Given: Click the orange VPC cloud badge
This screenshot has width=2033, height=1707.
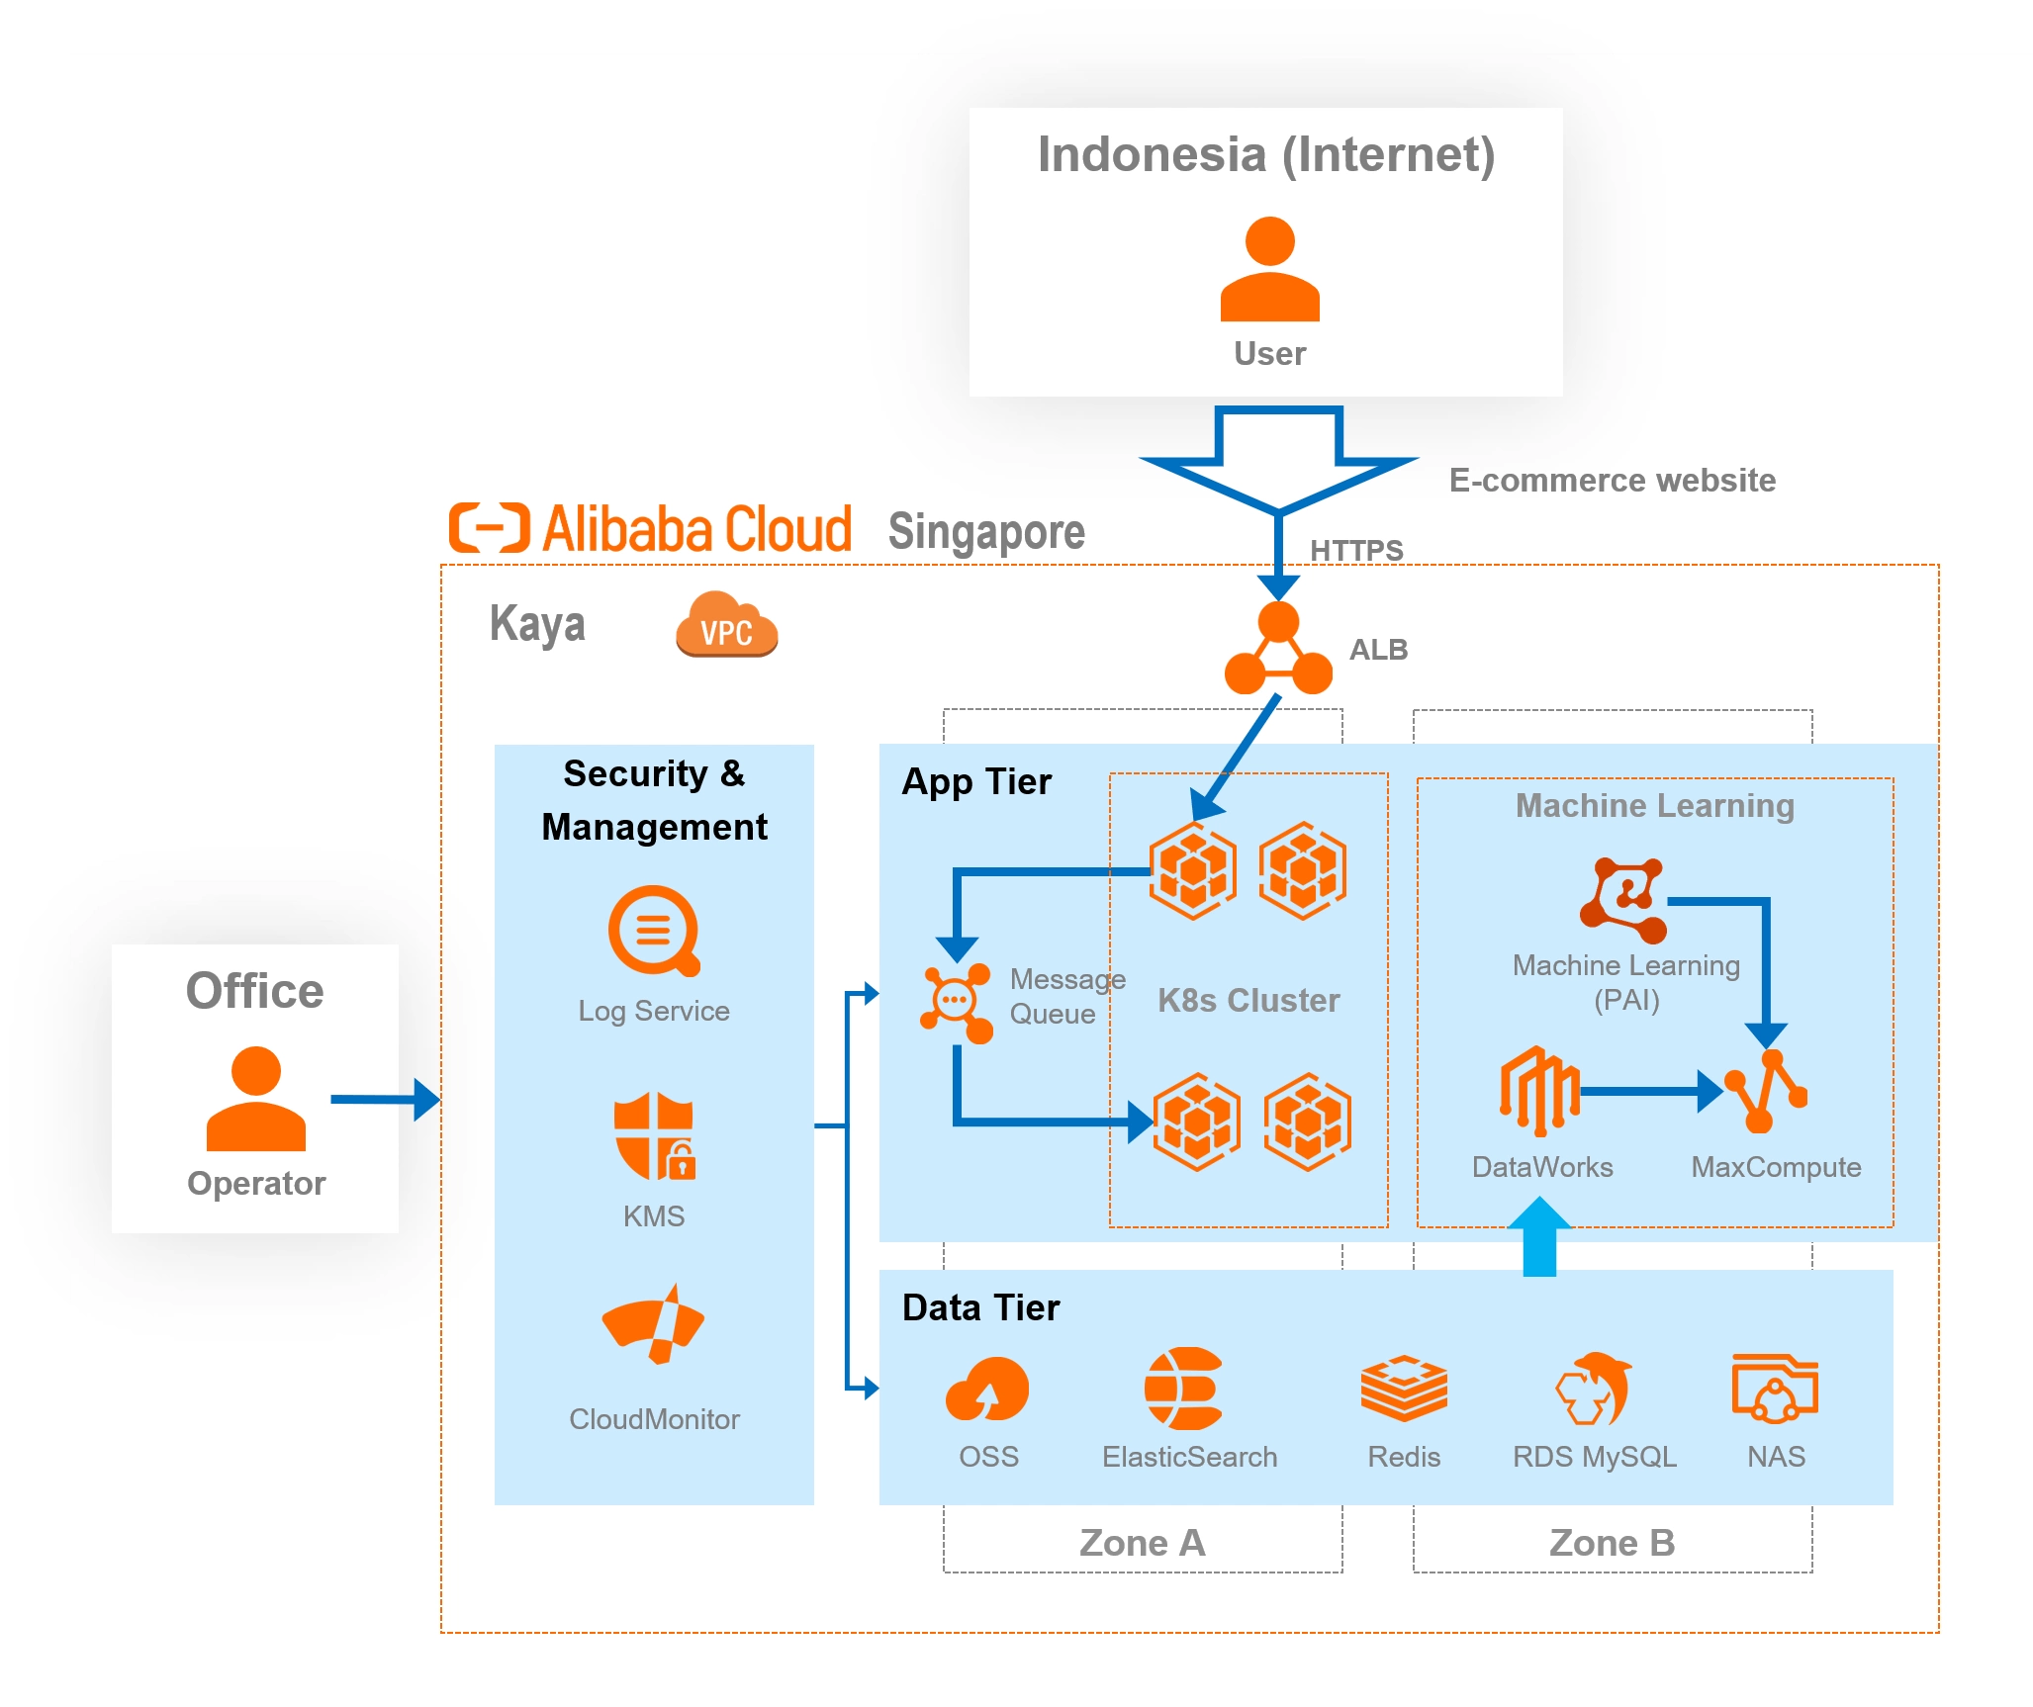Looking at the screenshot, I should click(x=727, y=625).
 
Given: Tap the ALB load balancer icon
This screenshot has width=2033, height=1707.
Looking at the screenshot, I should click(x=1278, y=651).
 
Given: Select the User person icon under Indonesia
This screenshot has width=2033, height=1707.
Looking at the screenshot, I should click(x=1269, y=269).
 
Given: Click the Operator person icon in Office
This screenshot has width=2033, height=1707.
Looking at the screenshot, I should click(x=256, y=1099).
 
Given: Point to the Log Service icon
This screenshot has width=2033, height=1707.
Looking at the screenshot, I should click(x=654, y=931).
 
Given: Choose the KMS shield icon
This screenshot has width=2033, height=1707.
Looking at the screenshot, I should click(x=654, y=1136).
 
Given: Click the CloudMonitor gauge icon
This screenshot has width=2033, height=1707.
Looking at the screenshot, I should click(x=653, y=1326).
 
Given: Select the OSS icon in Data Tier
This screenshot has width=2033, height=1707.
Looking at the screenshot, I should click(x=987, y=1390).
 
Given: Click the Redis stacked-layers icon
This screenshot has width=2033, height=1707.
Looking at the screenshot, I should click(x=1404, y=1389).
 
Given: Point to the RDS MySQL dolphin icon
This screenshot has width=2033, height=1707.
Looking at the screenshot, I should click(x=1593, y=1389).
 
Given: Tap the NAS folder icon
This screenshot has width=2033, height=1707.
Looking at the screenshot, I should click(x=1775, y=1389).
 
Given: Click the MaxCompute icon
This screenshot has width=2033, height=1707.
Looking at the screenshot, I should click(x=1767, y=1092).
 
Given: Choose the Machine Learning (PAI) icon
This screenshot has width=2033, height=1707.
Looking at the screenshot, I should click(x=1623, y=899).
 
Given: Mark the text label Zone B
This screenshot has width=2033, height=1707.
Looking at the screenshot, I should click(x=1612, y=1543).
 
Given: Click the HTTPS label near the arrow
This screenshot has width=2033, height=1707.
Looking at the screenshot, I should click(x=1356, y=550).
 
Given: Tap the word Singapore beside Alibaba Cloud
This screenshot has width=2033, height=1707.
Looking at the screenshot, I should click(x=986, y=532).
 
